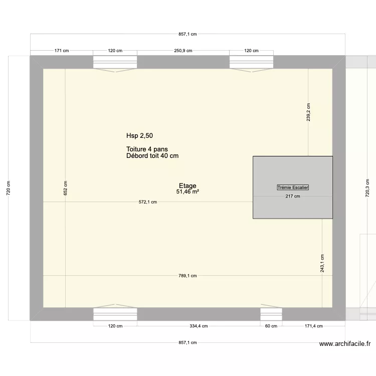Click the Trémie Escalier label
pyautogui.click(x=293, y=187)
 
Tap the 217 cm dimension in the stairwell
pyautogui.click(x=293, y=196)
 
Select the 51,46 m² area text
pyautogui.click(x=188, y=192)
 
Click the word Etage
pyautogui.click(x=187, y=185)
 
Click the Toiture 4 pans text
pyautogui.click(x=147, y=149)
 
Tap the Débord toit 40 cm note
pyautogui.click(x=153, y=156)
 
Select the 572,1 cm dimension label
pyautogui.click(x=148, y=203)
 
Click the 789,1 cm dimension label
pyautogui.click(x=187, y=276)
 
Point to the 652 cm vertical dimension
pyautogui.click(x=66, y=188)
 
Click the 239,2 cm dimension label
pyautogui.click(x=308, y=112)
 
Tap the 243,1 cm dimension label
pyautogui.click(x=322, y=262)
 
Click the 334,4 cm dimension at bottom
pyautogui.click(x=199, y=326)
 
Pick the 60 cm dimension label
pyautogui.click(x=271, y=326)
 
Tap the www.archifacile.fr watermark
pyautogui.click(x=345, y=344)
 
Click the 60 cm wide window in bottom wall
pyautogui.click(x=271, y=314)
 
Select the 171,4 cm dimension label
pyautogui.click(x=313, y=326)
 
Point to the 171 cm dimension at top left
pyautogui.click(x=62, y=51)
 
